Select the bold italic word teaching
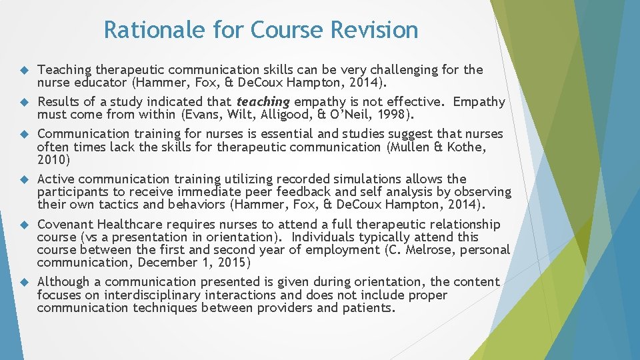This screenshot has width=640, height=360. coord(263,102)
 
